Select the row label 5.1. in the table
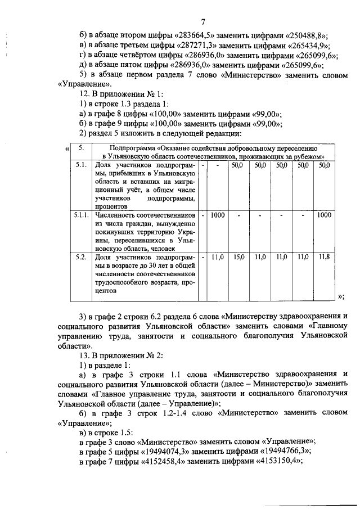[81, 166]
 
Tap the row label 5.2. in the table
[81, 257]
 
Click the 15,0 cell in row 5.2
[239, 257]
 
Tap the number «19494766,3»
[285, 451]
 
